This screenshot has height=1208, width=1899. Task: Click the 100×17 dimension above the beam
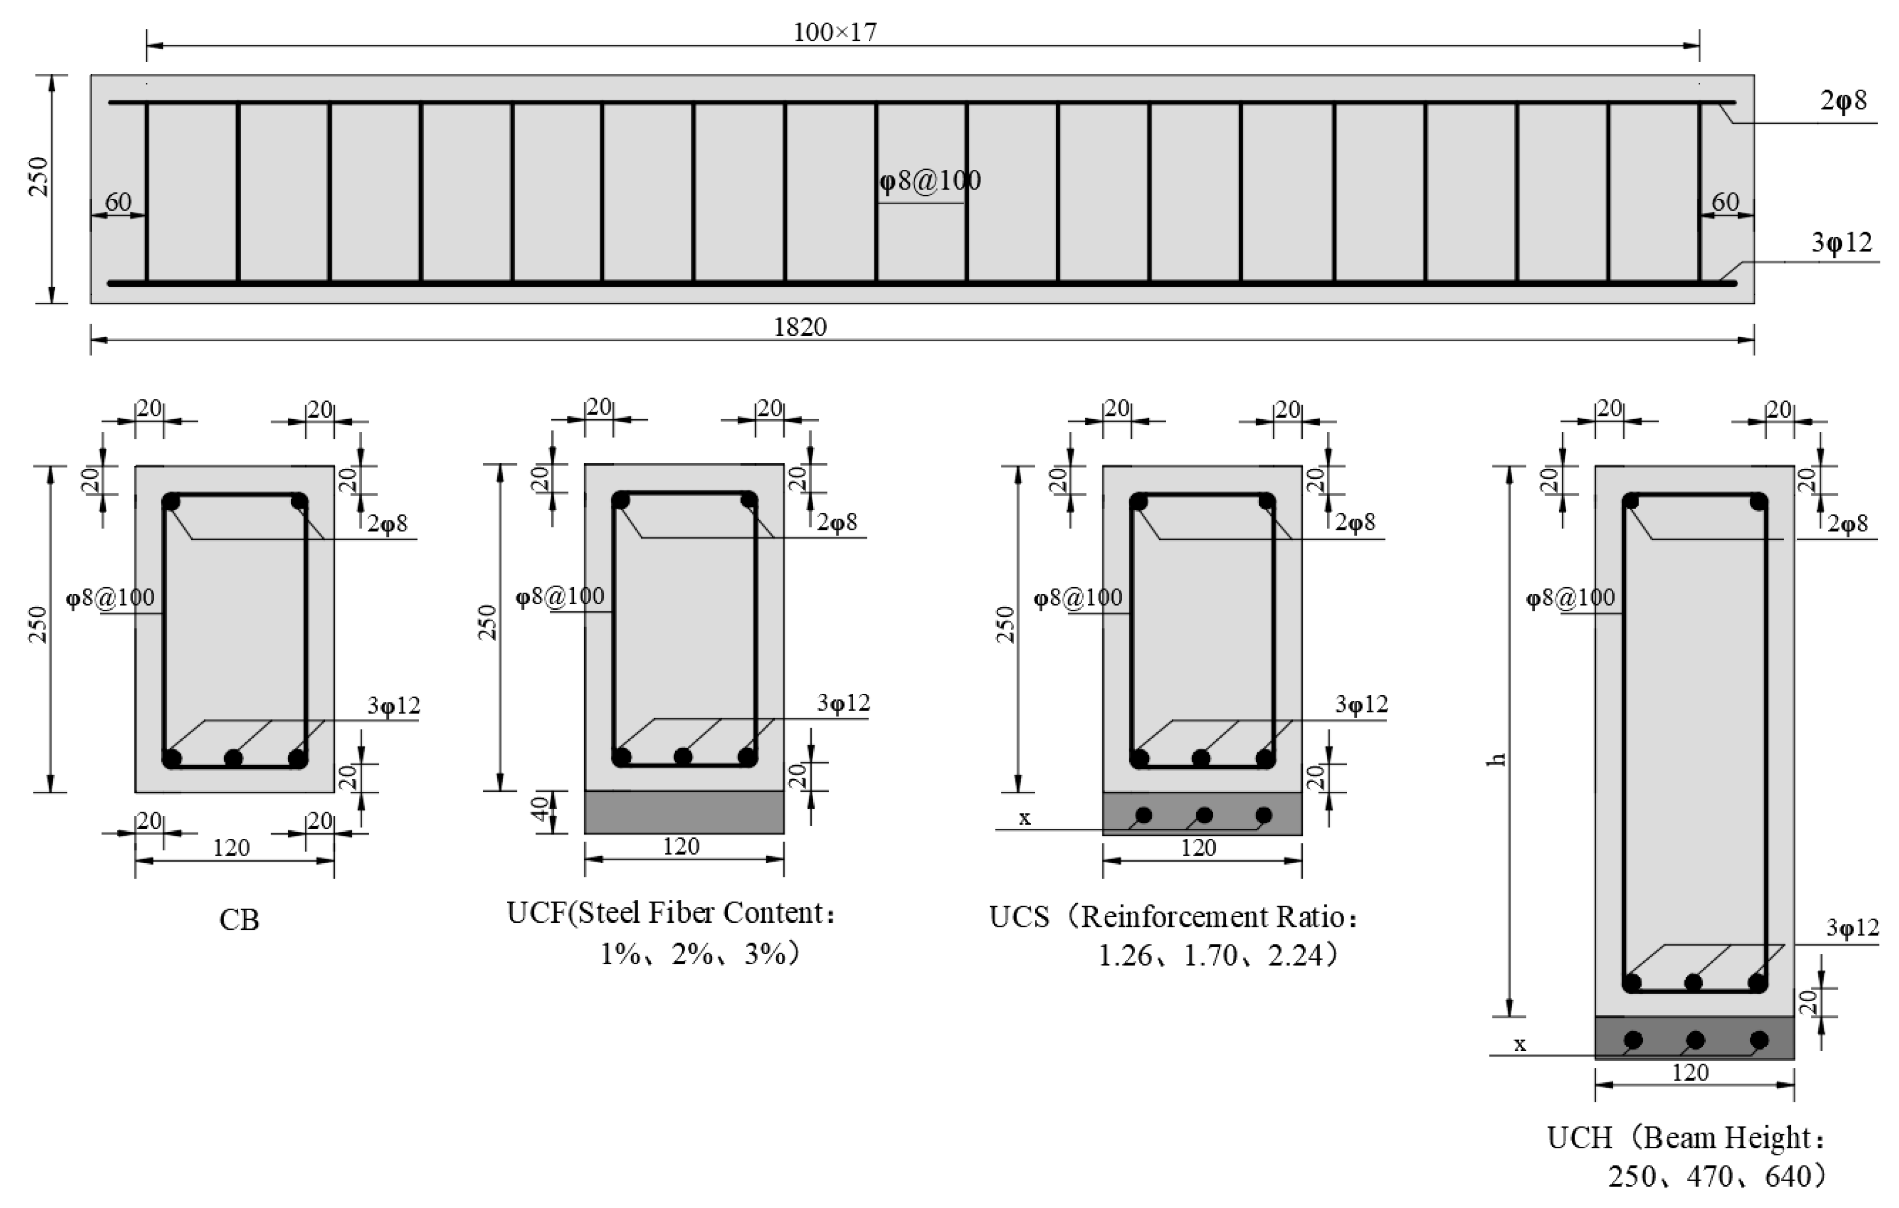click(834, 32)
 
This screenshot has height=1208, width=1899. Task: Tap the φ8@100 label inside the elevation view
click(930, 181)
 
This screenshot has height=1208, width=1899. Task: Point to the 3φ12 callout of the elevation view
click(1841, 243)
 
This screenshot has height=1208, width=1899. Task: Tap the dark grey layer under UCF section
click(684, 812)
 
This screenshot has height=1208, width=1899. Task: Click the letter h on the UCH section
click(1497, 759)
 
